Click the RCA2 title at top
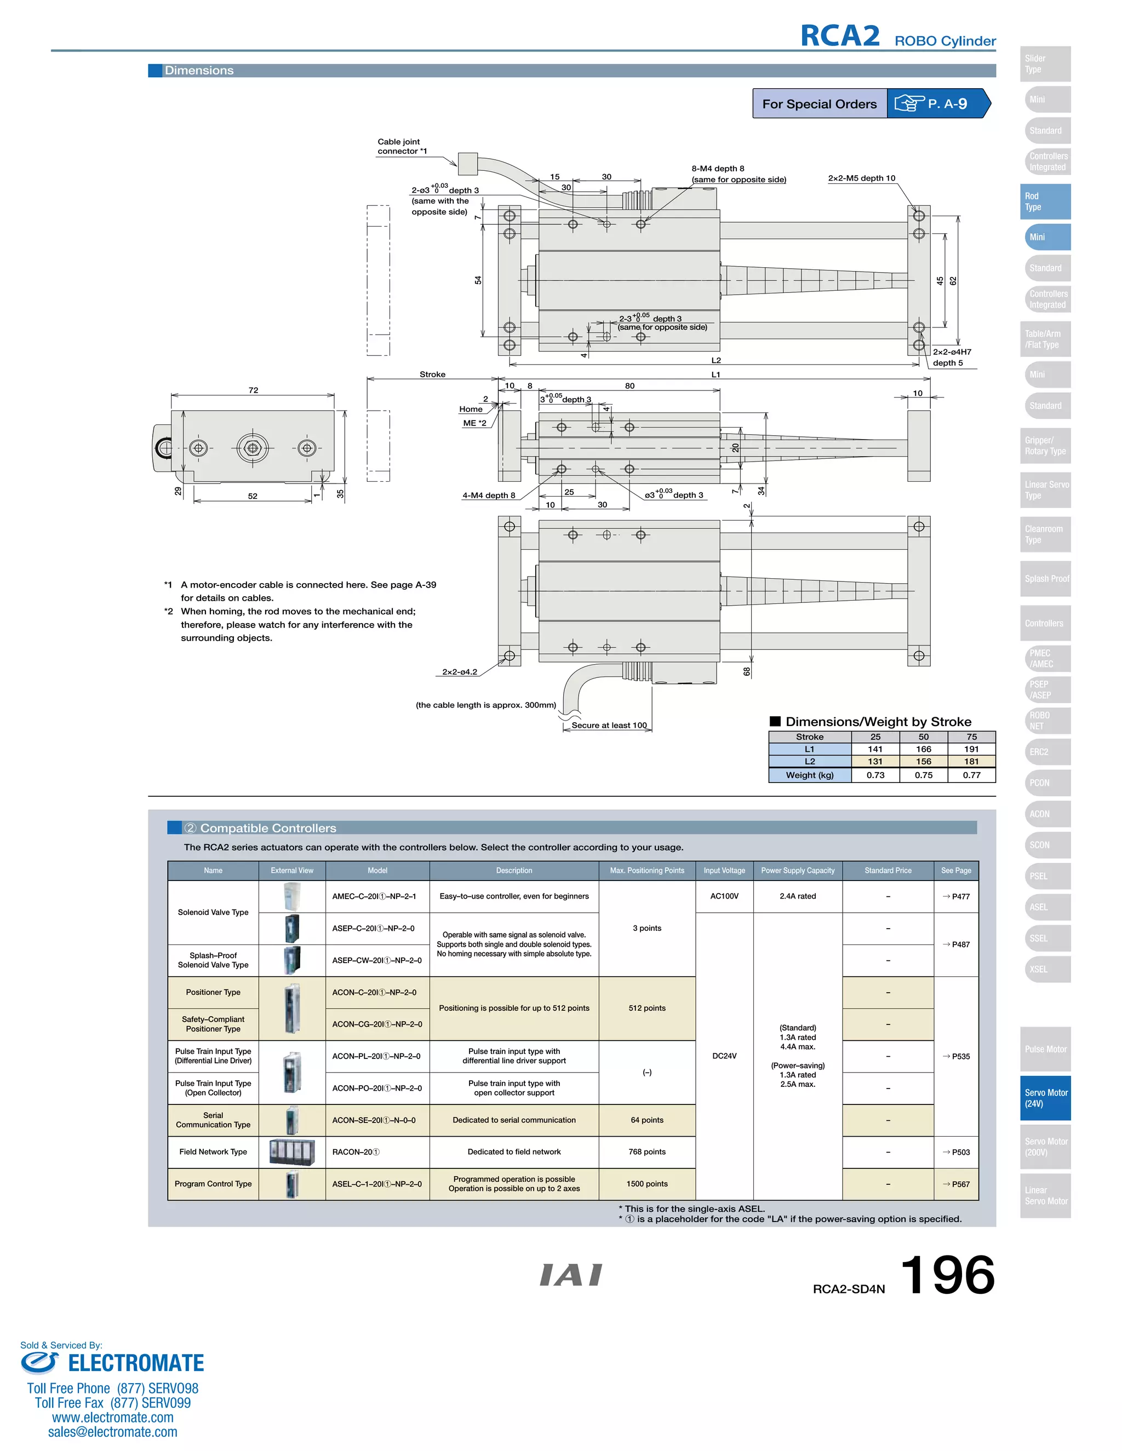[839, 36]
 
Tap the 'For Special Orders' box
[819, 103]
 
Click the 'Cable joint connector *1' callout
[402, 146]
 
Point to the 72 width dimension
[253, 390]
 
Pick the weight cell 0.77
[971, 775]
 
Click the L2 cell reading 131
[875, 762]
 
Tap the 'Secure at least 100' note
[609, 725]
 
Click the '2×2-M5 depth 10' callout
[861, 178]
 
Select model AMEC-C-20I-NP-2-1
[374, 896]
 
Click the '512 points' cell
[647, 1009]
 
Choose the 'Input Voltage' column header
[724, 871]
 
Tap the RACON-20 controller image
[292, 1152]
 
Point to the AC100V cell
[724, 896]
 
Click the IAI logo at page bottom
[570, 1275]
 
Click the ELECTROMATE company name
[136, 1363]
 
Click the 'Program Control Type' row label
[213, 1184]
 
